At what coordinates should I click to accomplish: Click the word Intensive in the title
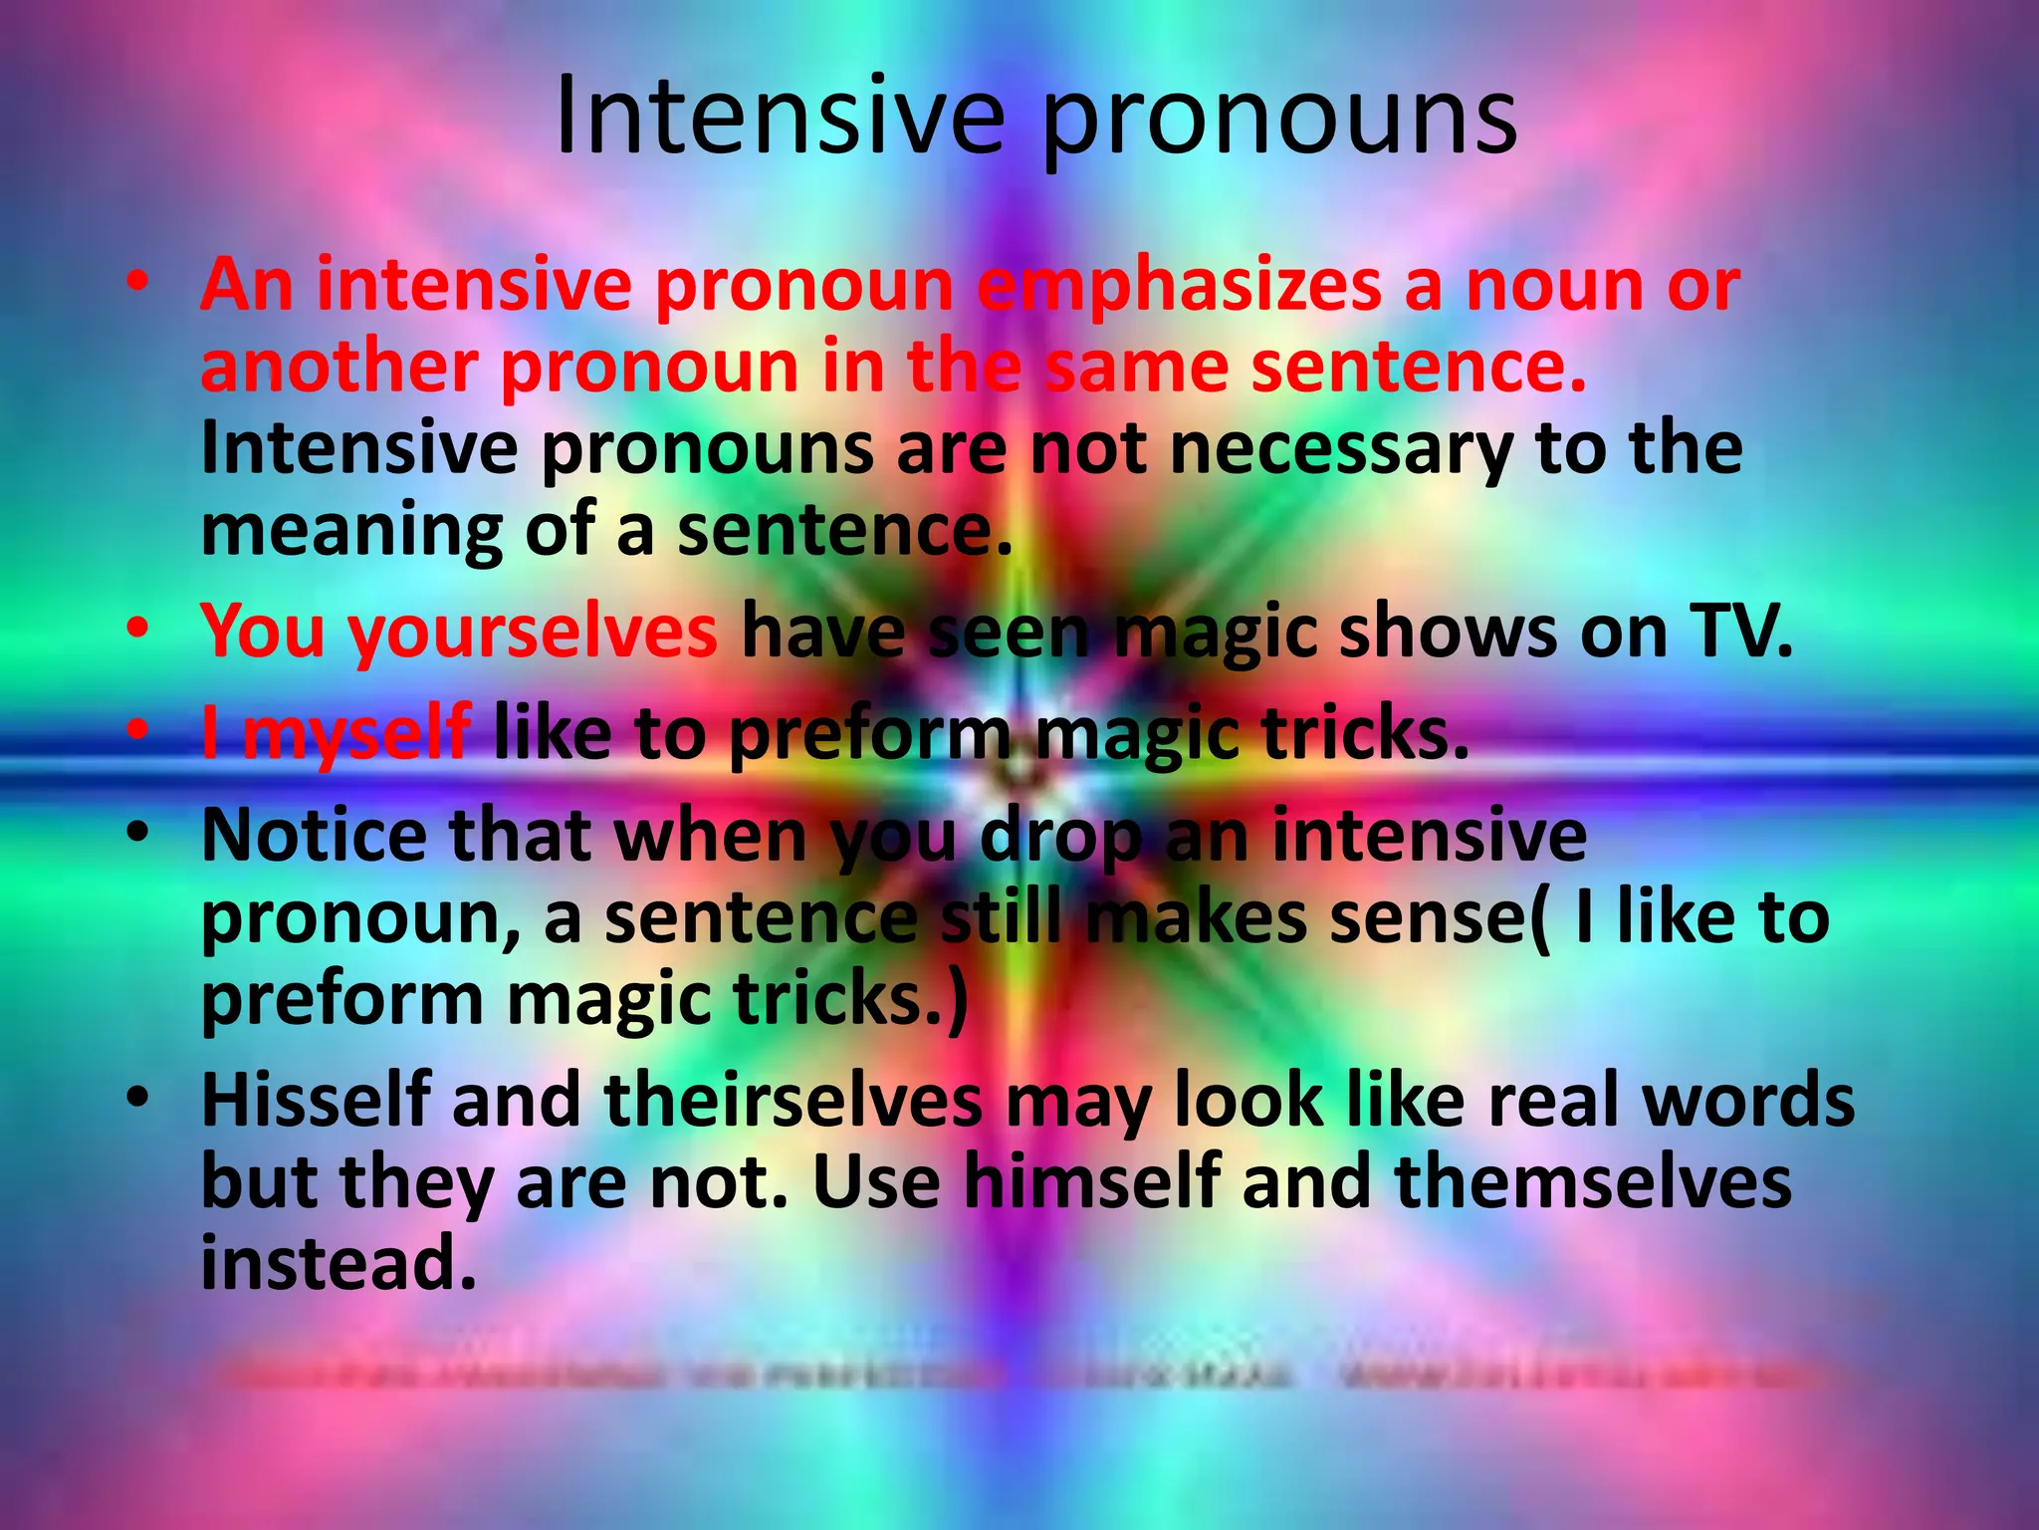(779, 118)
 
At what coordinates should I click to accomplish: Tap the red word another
(339, 367)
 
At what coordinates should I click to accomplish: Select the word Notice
(314, 836)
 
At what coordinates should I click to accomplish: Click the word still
(1002, 917)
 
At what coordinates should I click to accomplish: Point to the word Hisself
(316, 1101)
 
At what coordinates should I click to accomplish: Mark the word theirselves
(793, 1101)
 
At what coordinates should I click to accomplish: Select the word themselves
(1592, 1182)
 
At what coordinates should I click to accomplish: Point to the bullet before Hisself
(138, 1098)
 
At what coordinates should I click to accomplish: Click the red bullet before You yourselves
(138, 630)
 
